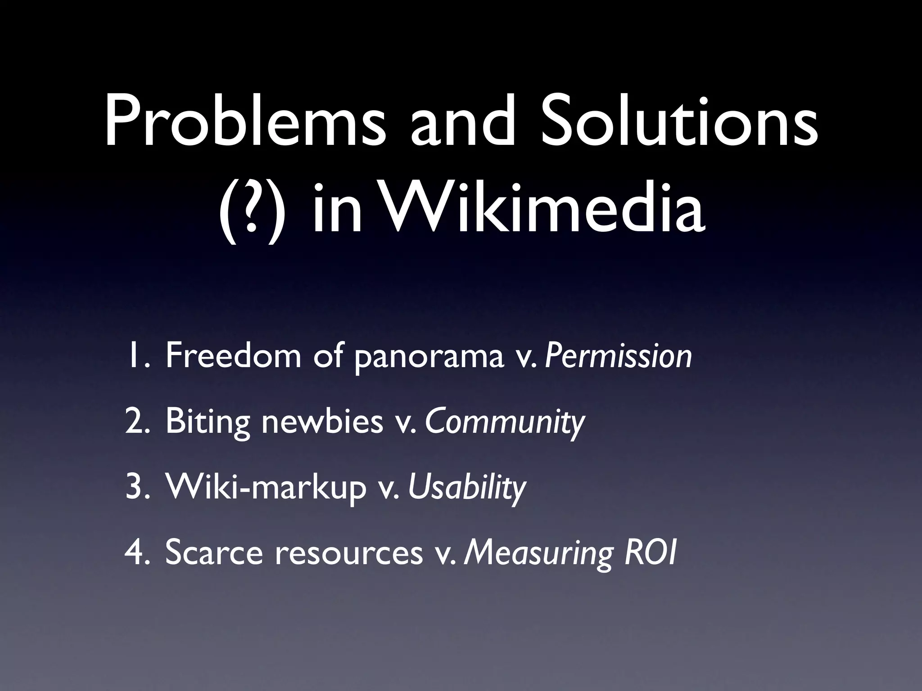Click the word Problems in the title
[245, 121]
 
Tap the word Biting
[207, 422]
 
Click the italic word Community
[505, 422]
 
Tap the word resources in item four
[349, 553]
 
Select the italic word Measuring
[538, 553]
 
